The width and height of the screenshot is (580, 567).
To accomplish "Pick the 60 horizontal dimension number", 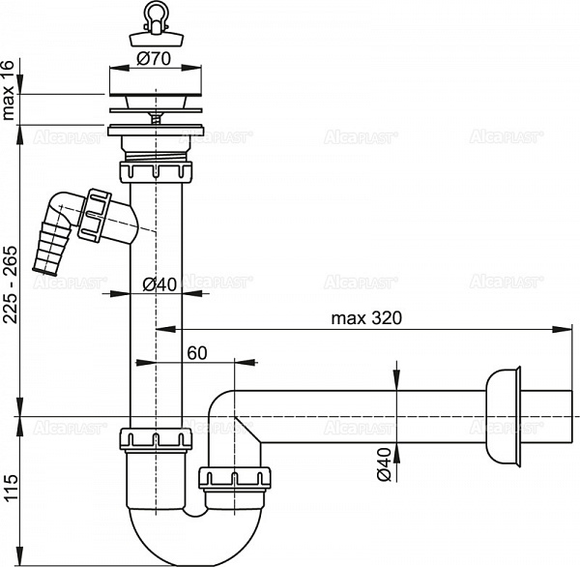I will (197, 353).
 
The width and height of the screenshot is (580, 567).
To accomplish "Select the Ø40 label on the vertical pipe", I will (157, 283).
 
